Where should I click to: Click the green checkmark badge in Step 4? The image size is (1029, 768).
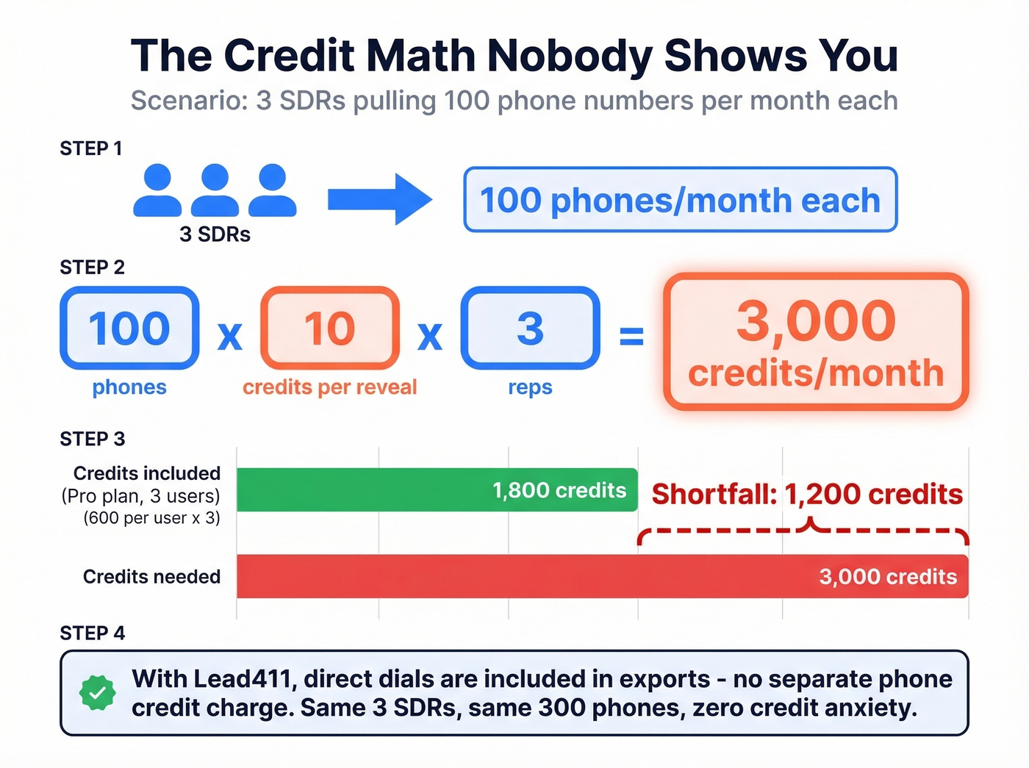97,693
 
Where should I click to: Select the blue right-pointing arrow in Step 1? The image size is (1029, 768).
379,199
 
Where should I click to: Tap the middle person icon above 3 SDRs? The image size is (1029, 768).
215,190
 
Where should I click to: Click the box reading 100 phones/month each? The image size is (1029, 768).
680,200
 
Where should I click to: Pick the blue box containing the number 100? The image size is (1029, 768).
129,328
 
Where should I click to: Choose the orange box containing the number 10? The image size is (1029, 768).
330,328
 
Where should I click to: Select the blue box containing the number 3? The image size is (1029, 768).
530,328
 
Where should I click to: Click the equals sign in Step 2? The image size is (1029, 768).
631,336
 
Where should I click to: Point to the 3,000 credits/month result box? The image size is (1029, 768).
816,342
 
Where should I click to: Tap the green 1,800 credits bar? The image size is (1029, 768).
437,489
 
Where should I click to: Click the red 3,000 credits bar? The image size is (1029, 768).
602,576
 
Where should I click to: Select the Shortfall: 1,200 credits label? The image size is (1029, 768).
807,495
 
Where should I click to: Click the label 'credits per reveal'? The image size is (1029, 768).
329,387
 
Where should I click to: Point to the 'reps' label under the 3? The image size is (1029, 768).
530,387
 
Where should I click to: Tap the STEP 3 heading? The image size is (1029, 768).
93,439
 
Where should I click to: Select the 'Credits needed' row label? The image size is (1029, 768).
151,577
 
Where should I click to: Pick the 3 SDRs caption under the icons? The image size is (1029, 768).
215,234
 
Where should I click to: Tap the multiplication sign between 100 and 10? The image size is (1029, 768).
230,337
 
